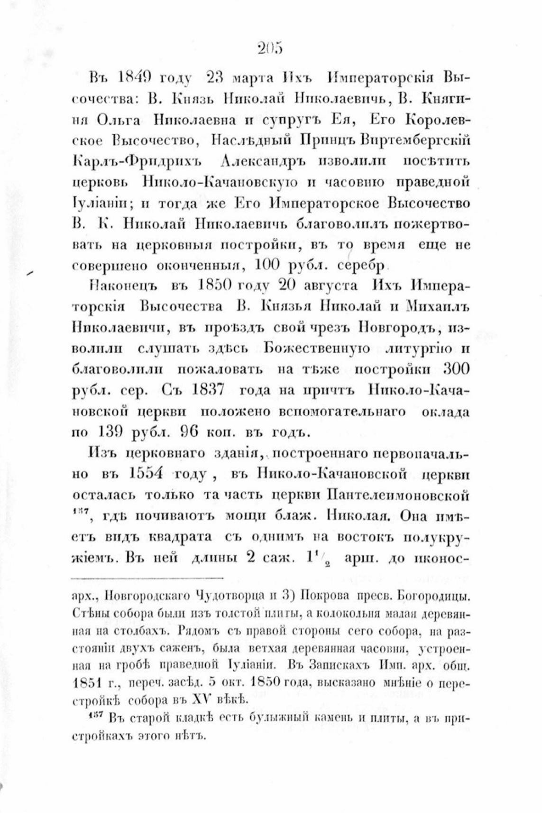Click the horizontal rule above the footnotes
point(147,578)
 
